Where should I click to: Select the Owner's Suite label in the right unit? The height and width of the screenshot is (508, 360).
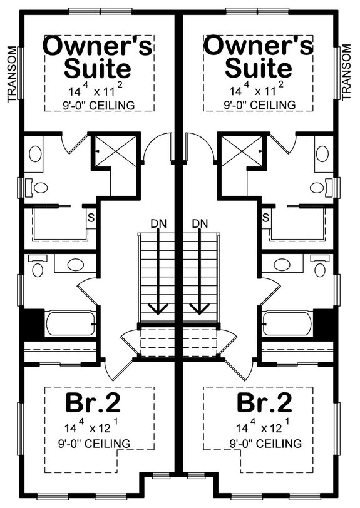[x=258, y=56]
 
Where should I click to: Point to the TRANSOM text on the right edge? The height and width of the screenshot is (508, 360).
[x=348, y=73]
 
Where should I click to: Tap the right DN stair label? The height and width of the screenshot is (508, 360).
[x=200, y=223]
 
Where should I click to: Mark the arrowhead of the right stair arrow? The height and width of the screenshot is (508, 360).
[x=200, y=307]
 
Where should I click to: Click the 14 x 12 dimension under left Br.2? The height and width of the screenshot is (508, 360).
[x=92, y=429]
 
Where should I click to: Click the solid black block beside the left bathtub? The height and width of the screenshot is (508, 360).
[x=31, y=323]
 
